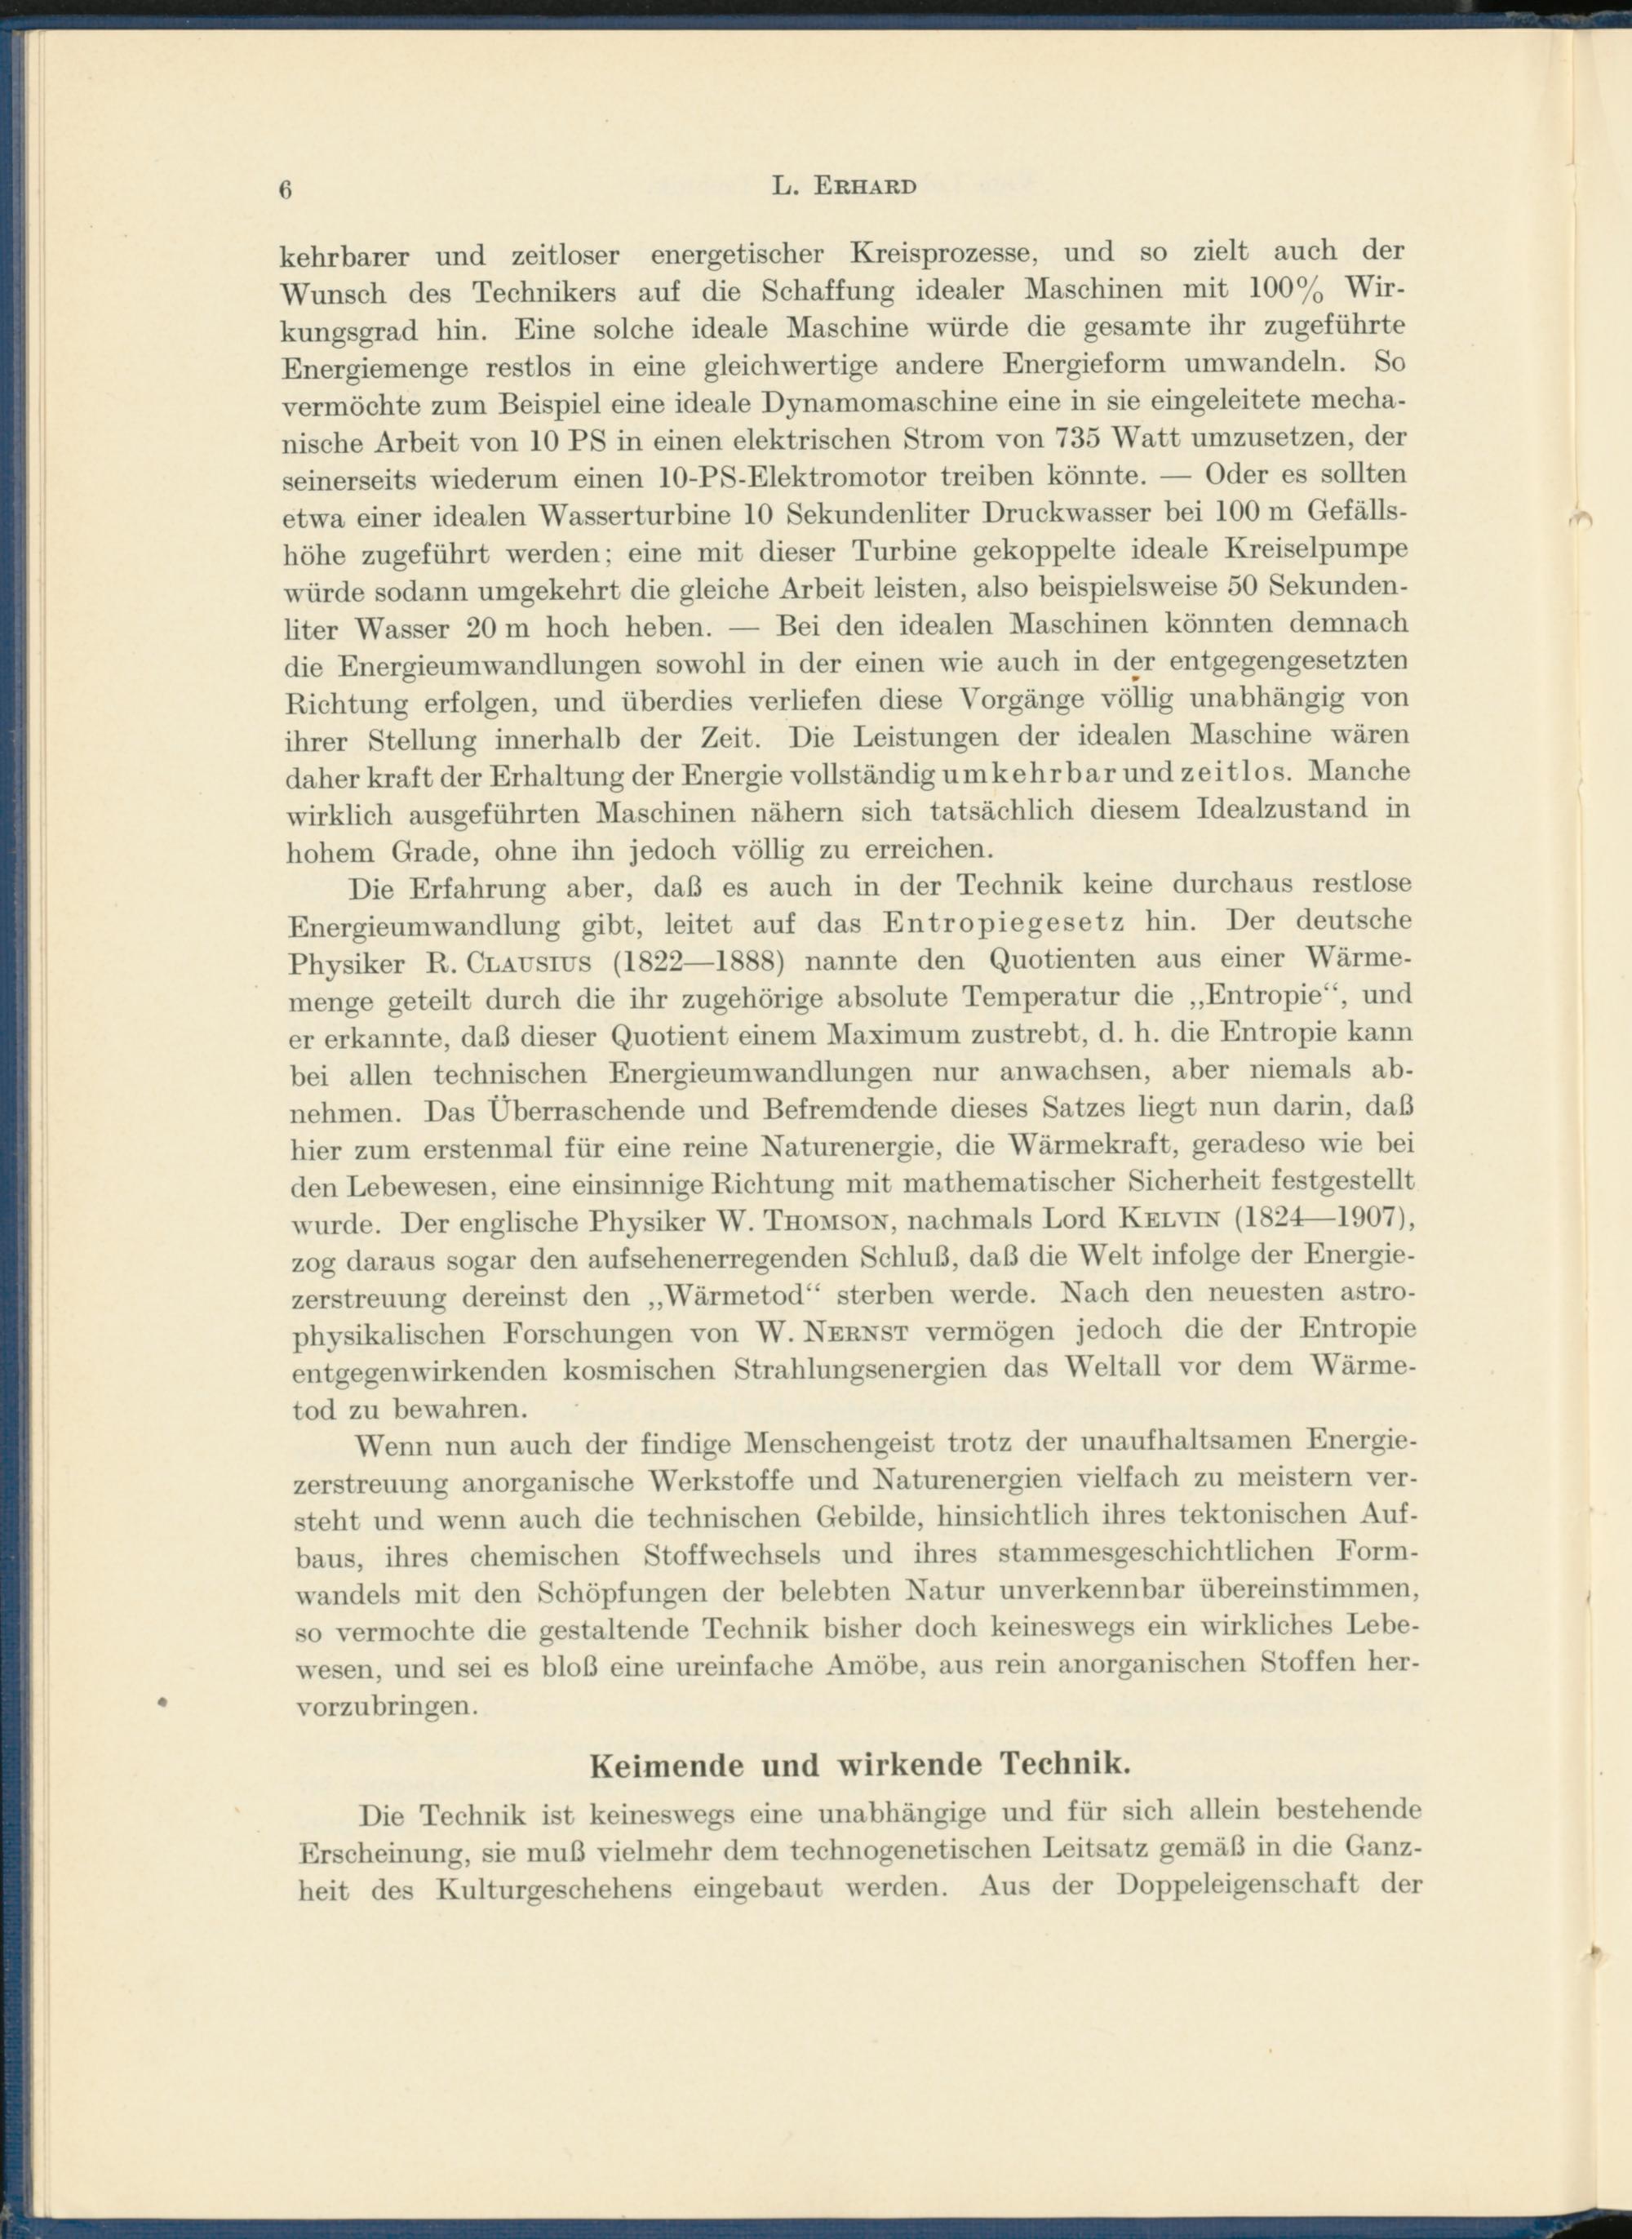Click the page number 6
coord(286,192)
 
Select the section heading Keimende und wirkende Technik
coord(859,1764)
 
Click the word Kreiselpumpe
coord(1315,549)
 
